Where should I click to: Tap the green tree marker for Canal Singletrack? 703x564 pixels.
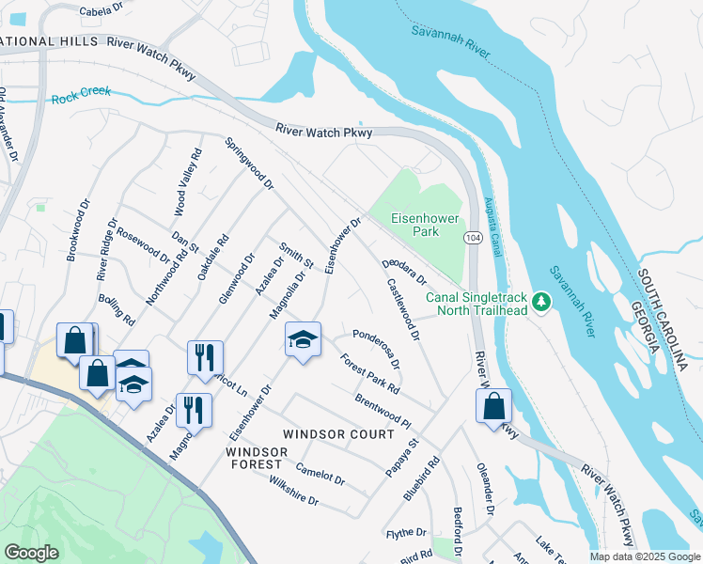[540, 302]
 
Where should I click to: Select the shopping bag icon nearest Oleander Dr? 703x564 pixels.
[492, 407]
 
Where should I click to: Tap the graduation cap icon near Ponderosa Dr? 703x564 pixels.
[303, 340]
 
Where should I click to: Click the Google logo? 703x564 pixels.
[31, 553]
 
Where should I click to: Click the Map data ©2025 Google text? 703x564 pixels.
[644, 556]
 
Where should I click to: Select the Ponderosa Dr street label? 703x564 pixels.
[377, 348]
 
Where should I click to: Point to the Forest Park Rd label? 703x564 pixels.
[370, 373]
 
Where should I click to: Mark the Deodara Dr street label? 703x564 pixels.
[404, 273]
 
